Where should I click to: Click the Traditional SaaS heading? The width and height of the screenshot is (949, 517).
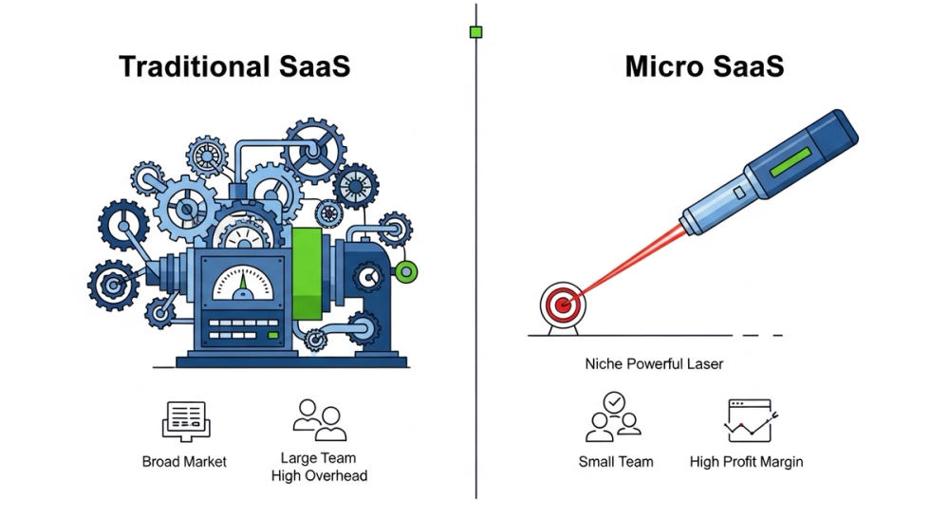(234, 67)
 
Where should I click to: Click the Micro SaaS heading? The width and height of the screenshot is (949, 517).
(704, 67)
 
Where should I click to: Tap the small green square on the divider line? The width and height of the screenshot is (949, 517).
(475, 32)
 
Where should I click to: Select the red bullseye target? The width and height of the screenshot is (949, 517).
(561, 305)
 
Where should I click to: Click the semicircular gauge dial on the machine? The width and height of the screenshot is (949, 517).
(241, 282)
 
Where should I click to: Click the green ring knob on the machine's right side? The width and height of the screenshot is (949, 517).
(407, 273)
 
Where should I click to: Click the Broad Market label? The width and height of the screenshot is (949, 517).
(184, 462)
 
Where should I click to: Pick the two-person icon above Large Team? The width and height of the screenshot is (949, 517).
(318, 419)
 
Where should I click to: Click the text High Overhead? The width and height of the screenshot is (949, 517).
(318, 474)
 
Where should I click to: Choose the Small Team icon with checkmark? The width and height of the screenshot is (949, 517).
(615, 417)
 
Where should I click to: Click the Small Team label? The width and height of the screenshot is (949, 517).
(615, 462)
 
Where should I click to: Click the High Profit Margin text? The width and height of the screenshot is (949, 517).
(746, 462)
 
